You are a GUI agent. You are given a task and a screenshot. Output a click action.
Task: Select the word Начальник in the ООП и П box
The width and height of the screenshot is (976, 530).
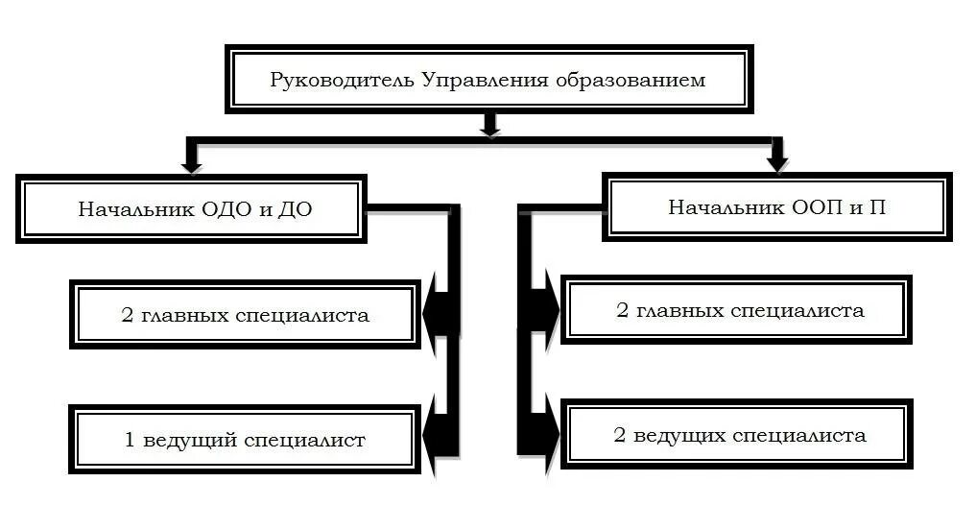[716, 206]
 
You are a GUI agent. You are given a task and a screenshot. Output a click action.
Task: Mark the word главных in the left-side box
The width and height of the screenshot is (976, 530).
[186, 315]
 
